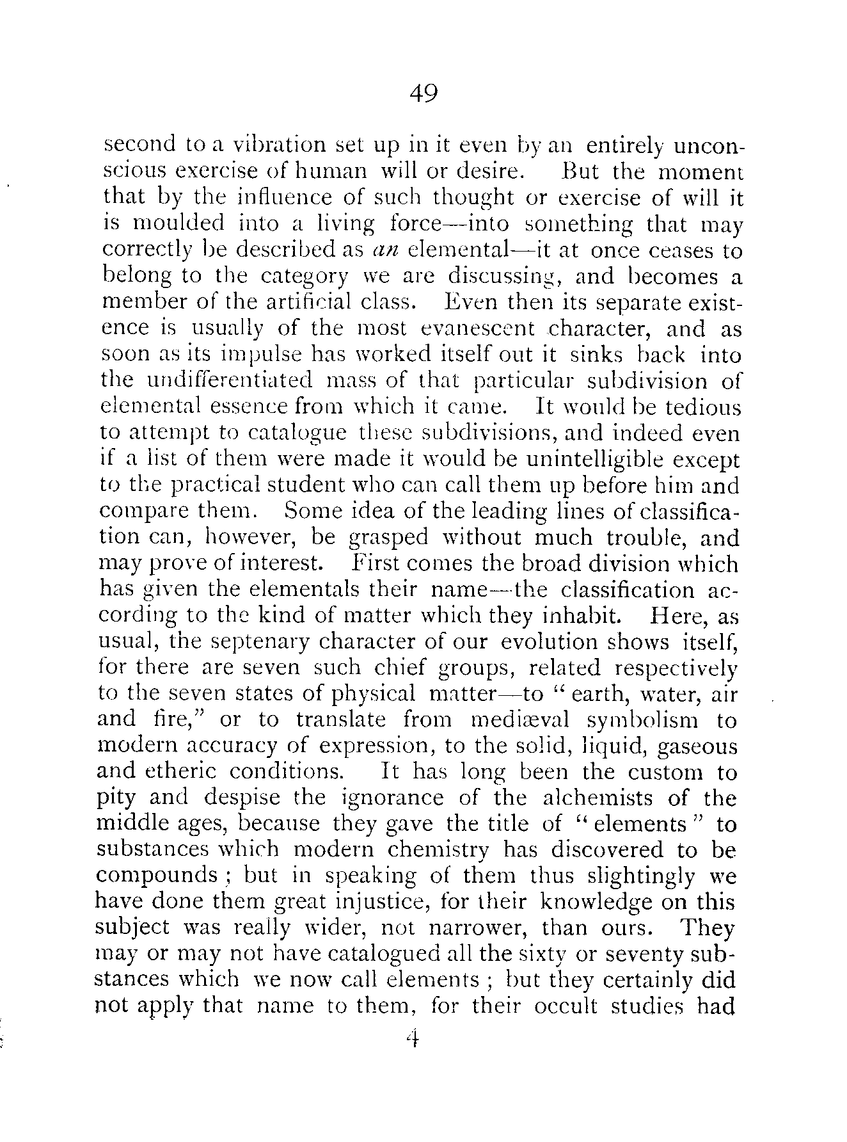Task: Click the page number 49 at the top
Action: tap(423, 95)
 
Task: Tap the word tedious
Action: tap(702, 407)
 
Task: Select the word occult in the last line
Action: tap(563, 1007)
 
